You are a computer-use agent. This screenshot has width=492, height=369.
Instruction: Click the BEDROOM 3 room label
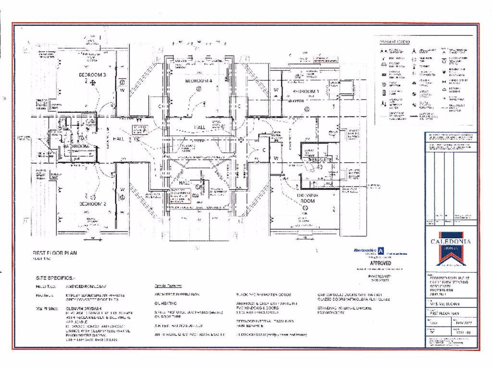[x=92, y=75]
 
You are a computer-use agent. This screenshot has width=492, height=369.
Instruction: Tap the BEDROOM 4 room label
[x=199, y=81]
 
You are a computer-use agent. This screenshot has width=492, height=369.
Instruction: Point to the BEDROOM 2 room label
[x=92, y=204]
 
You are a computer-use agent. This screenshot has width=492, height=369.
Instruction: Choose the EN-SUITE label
[x=320, y=160]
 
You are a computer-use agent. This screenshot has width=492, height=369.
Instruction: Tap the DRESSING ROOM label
[x=307, y=198]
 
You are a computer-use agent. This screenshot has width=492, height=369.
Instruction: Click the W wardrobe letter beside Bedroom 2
[x=122, y=190]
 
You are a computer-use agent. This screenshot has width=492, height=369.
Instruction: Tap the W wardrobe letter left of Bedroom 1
[x=276, y=90]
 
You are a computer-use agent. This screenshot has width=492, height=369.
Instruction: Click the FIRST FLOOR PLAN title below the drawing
[x=54, y=253]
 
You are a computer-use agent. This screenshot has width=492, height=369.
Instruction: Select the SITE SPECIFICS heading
[x=55, y=278]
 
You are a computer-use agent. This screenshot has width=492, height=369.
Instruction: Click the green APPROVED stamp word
[x=380, y=263]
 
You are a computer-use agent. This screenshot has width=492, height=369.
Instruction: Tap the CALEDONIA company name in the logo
[x=451, y=241]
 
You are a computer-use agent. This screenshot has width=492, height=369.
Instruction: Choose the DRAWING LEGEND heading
[x=394, y=42]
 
